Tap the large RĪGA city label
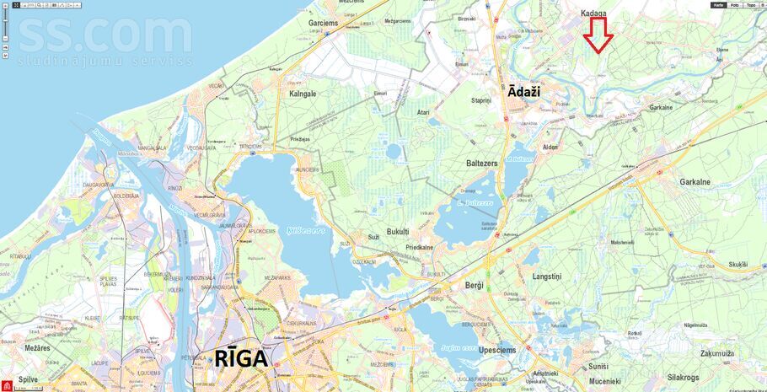(228, 358)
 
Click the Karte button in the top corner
(718, 5)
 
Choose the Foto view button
(735, 5)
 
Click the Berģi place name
(475, 286)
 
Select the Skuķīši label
(737, 264)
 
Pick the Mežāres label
(37, 347)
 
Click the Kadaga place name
(593, 13)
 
